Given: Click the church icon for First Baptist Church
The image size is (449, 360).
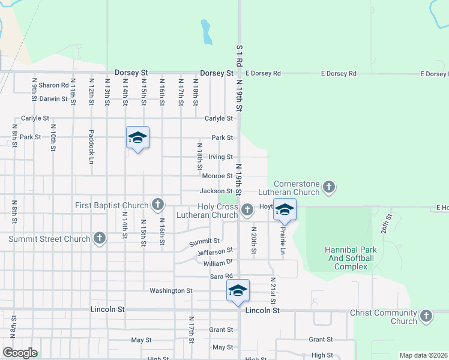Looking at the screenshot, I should point(157,205).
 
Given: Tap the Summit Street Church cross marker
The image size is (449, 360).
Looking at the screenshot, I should point(100,239).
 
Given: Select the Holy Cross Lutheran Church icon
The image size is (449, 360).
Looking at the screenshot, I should point(247,210).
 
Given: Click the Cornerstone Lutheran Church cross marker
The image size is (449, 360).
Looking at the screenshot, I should point(328,187).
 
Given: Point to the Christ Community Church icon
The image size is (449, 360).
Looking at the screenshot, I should point(426,316).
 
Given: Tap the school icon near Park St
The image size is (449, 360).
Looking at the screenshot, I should point(137,138).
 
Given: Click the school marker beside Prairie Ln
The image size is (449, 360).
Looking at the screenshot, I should point(285,209).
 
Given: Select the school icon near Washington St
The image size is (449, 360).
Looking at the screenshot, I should point(238,290).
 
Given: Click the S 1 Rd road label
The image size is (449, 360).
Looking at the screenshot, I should point(239,54).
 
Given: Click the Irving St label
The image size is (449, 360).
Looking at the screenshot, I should point(220,157).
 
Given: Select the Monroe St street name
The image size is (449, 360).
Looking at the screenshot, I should point(217,176).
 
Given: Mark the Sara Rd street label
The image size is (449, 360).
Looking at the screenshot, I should point(221,276).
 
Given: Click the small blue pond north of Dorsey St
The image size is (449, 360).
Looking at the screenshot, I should point(206,32).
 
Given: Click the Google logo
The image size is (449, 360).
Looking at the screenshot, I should point(20,353).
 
